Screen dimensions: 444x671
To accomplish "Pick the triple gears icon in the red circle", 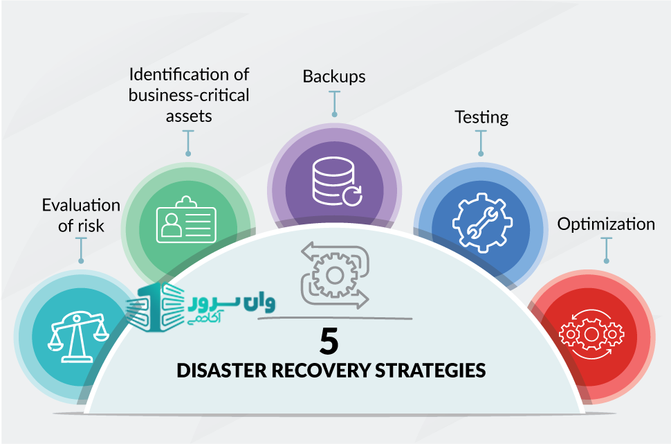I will click(591, 334).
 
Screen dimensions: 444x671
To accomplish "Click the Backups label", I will click(334, 76).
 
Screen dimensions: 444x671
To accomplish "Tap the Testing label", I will click(481, 116).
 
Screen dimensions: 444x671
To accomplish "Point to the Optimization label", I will click(606, 224).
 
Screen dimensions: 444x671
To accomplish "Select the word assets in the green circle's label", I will click(189, 115).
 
